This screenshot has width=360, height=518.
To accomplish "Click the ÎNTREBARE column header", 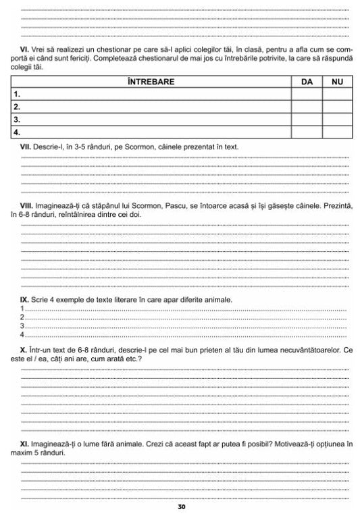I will pyautogui.click(x=151, y=82).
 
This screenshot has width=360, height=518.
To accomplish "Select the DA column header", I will pyautogui.click(x=306, y=82).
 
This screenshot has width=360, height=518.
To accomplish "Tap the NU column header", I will pyautogui.click(x=336, y=82).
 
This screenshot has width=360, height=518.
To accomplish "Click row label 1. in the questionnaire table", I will pyautogui.click(x=17, y=95).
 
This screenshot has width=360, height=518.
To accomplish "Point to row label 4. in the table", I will pyautogui.click(x=17, y=132).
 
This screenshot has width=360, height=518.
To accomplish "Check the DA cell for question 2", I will pyautogui.click(x=306, y=107).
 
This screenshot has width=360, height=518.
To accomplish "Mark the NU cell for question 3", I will pyautogui.click(x=336, y=120).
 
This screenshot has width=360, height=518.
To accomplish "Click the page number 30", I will pyautogui.click(x=180, y=507).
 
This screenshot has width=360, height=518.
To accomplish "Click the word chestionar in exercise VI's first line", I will pyautogui.click(x=83, y=50).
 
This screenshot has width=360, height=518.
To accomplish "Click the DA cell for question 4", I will pyautogui.click(x=306, y=132).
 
